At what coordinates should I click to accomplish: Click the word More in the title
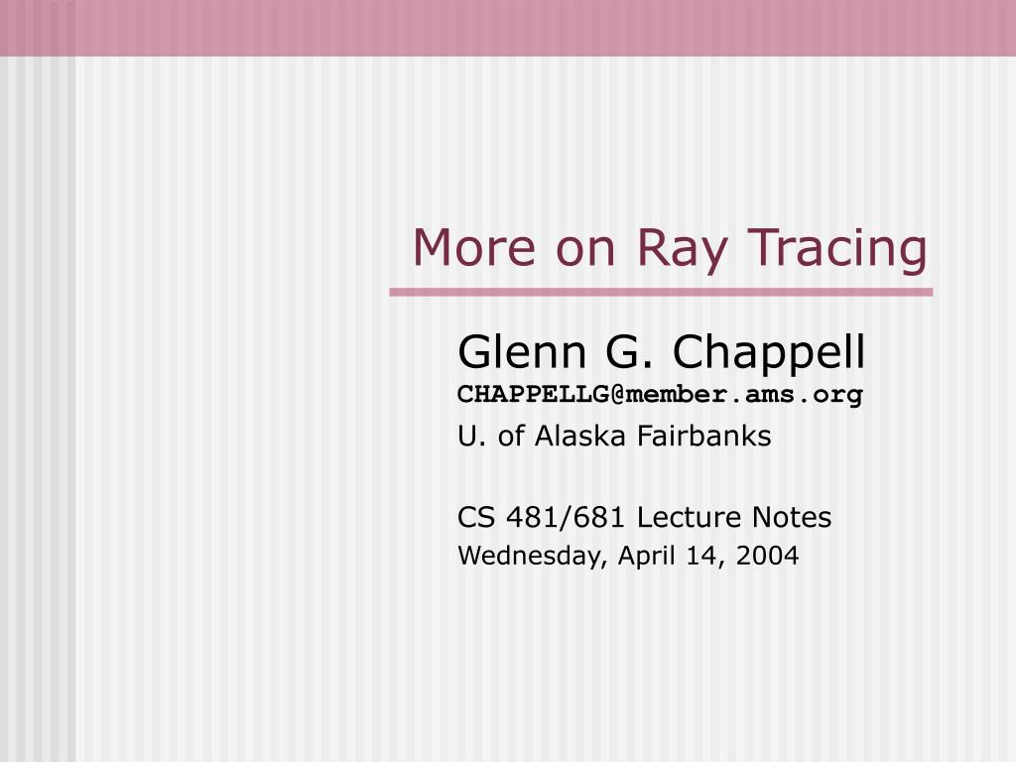[474, 247]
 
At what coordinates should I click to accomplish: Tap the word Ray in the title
[681, 250]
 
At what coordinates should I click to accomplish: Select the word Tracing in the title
[837, 250]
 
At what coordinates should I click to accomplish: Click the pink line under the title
[661, 293]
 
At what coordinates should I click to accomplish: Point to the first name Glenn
[522, 352]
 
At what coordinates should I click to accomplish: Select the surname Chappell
[769, 354]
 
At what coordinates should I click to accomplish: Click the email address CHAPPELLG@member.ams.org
[660, 395]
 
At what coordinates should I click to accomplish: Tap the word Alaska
[579, 437]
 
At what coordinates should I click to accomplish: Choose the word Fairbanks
[704, 437]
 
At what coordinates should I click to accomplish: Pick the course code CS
[476, 518]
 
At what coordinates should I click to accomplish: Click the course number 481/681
[565, 518]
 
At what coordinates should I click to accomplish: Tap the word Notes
[792, 518]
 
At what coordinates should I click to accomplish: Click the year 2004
[767, 556]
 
